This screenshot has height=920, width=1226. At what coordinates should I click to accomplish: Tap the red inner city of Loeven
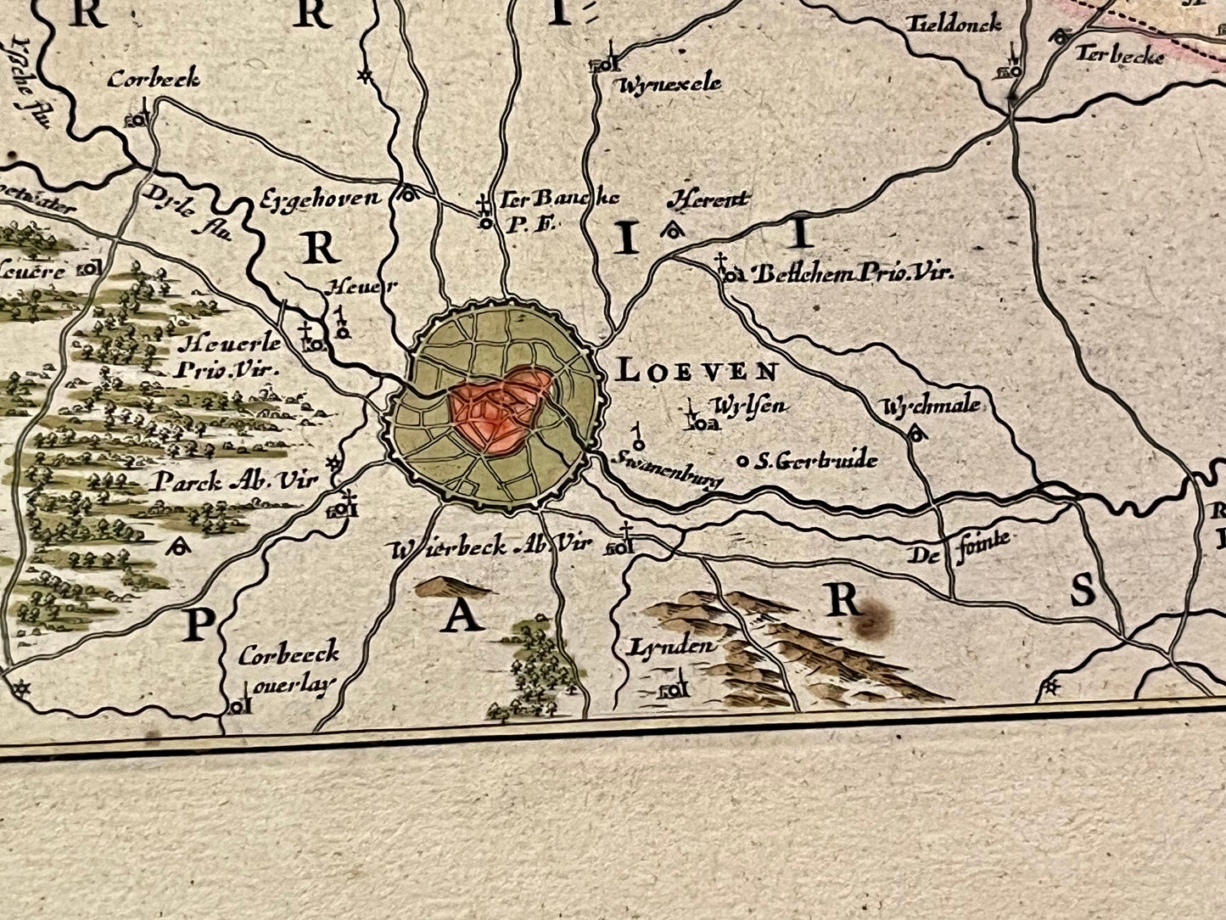[x=501, y=408]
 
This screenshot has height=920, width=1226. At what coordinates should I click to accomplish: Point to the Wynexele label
[x=670, y=84]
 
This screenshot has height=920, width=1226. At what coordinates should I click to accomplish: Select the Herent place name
[x=708, y=200]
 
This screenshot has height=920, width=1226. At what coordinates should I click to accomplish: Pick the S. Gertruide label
[x=815, y=461]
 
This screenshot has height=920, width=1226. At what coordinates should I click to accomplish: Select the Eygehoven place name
[x=320, y=199]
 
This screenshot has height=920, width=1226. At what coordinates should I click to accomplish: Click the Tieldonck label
[x=954, y=25]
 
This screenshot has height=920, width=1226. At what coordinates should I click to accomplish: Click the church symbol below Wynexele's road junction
[x=606, y=65]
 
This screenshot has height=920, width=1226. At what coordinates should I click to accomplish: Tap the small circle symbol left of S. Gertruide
[x=742, y=462]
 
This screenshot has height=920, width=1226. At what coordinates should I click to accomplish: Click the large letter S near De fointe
[x=1083, y=591]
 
